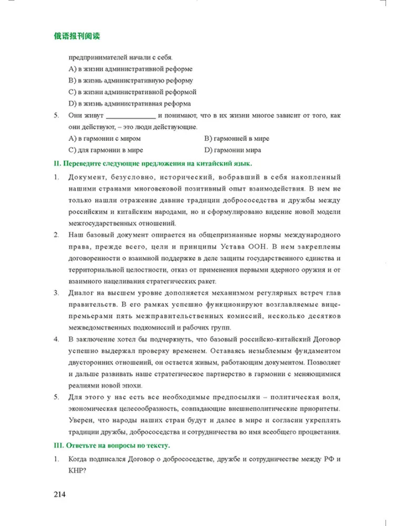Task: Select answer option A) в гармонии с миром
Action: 105,139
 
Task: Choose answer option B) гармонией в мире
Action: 236,139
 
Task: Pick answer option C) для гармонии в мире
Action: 106,150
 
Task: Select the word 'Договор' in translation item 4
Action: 326,339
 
